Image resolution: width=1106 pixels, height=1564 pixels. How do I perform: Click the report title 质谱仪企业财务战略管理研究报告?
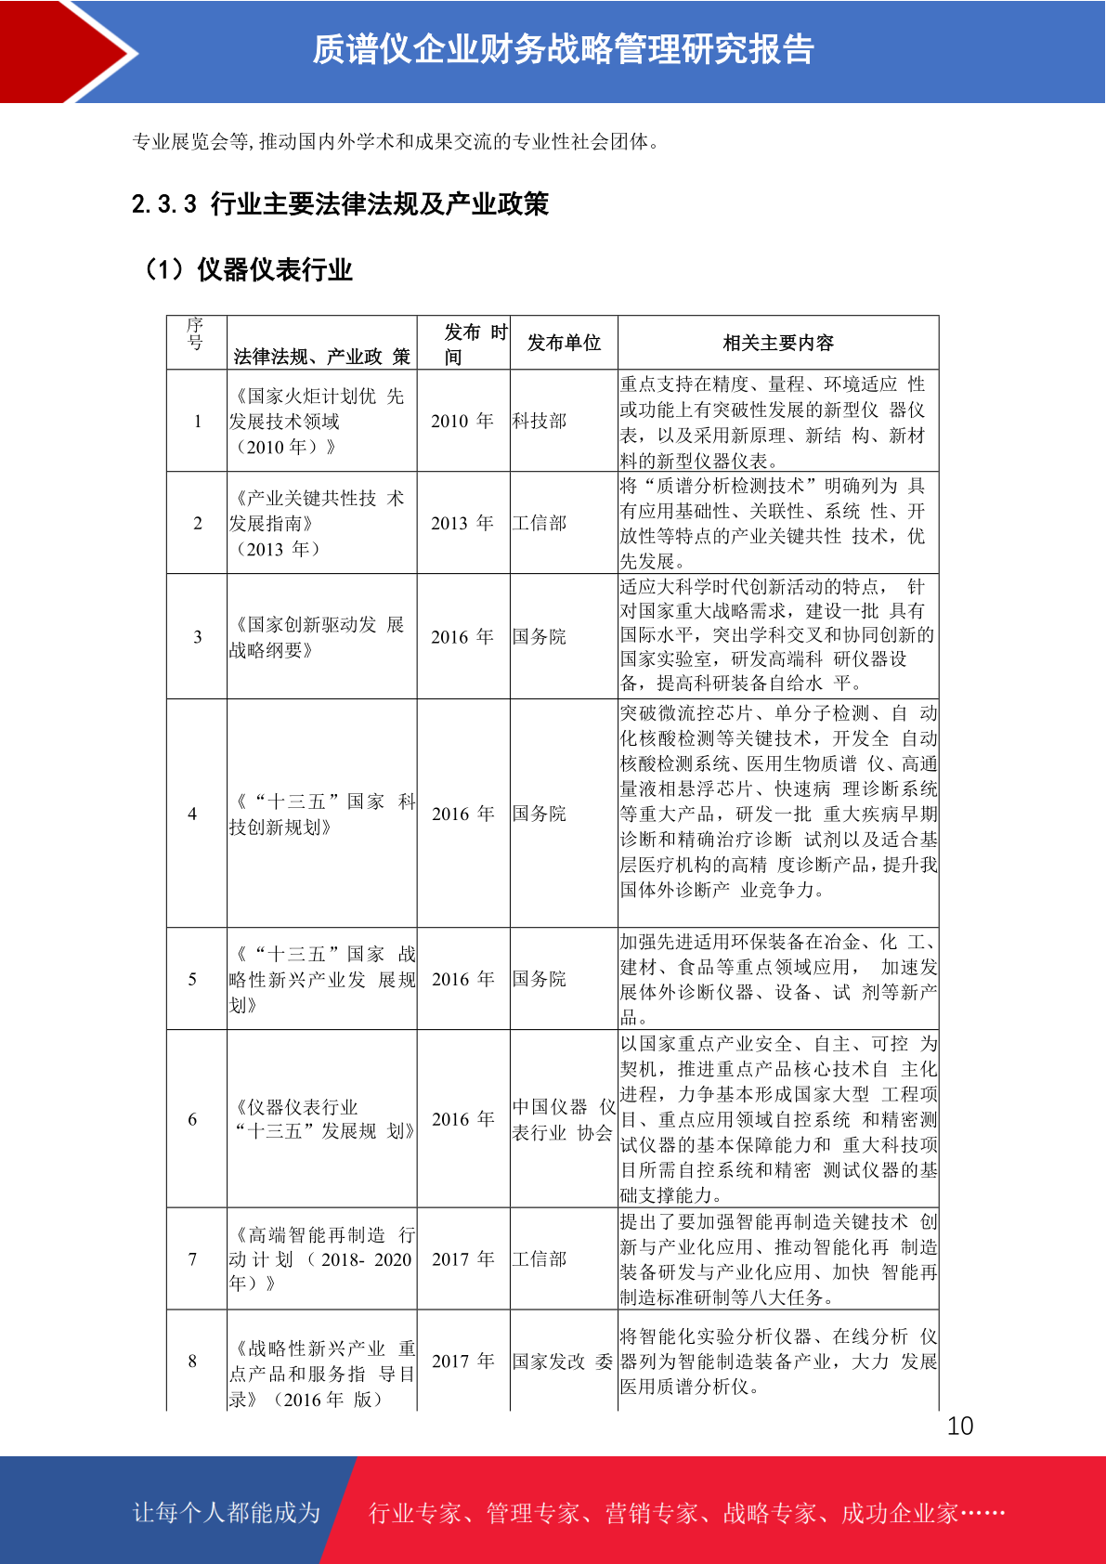(x=563, y=49)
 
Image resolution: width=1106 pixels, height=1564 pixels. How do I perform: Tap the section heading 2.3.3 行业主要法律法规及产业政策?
(x=340, y=204)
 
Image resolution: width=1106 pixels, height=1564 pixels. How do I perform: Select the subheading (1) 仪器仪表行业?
(x=247, y=270)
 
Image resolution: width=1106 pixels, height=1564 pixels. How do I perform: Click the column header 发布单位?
(x=564, y=343)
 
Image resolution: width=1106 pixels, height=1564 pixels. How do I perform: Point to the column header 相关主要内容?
(x=778, y=343)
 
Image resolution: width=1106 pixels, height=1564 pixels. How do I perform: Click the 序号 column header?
(x=195, y=333)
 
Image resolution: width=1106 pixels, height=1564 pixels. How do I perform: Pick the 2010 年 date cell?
(x=462, y=422)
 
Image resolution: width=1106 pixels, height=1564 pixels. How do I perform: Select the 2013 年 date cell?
(x=462, y=524)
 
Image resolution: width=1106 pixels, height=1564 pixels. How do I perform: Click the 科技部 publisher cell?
(x=540, y=422)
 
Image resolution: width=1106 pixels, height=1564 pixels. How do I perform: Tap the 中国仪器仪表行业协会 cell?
(x=563, y=1120)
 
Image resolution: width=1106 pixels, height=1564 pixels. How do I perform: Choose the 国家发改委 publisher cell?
(x=563, y=1362)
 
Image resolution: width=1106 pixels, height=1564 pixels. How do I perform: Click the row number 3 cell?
(x=197, y=637)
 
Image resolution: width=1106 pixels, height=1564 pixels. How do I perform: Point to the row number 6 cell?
(x=192, y=1120)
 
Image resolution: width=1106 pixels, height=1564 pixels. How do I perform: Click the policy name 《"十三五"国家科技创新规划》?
(x=321, y=815)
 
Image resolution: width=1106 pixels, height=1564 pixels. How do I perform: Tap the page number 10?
(x=959, y=1427)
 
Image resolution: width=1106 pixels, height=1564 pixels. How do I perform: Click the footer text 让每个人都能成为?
(x=226, y=1513)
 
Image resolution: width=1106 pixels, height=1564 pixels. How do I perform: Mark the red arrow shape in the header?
(x=65, y=51)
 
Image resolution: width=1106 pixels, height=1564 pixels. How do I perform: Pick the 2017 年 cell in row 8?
(x=462, y=1362)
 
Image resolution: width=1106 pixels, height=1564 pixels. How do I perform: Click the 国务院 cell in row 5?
(x=540, y=979)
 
